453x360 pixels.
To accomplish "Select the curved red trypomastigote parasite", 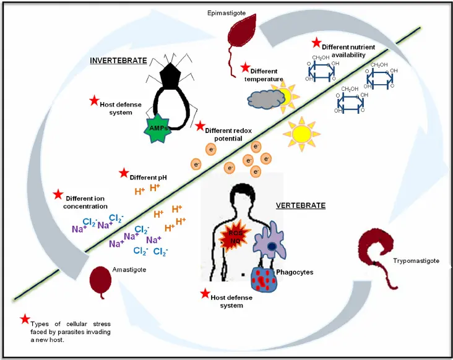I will (376, 248).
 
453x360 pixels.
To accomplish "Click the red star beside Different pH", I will (124, 173).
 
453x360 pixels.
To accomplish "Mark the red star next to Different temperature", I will (245, 67).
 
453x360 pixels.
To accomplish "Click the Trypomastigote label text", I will (416, 261).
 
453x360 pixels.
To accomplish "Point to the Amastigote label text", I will (130, 270).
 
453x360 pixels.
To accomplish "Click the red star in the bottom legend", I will (25, 319).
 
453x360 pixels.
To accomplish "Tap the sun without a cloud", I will (301, 133).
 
